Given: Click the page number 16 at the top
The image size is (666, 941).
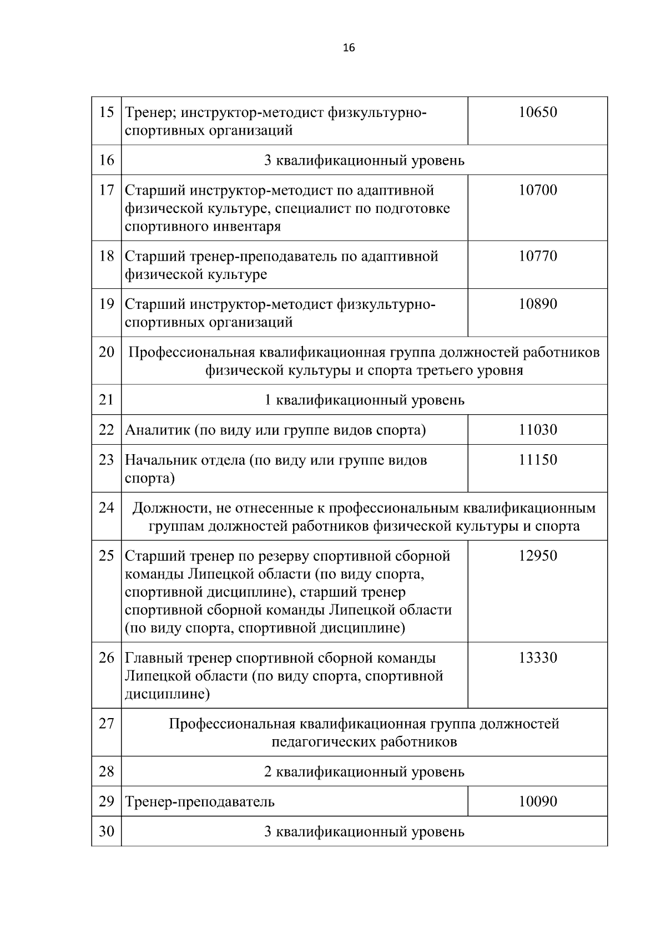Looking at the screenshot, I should click(x=349, y=48).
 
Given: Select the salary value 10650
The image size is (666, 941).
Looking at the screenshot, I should click(x=538, y=113).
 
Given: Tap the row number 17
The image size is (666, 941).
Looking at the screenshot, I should click(x=106, y=190).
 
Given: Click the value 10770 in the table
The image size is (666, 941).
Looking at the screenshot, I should click(x=538, y=256).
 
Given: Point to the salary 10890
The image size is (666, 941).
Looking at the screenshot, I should click(x=538, y=304).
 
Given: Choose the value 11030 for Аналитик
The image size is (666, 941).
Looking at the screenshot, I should click(x=538, y=430).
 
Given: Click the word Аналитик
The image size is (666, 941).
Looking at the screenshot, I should click(x=157, y=430).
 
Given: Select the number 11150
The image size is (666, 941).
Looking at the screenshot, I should click(x=538, y=460).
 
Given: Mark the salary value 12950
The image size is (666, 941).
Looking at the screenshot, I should click(x=538, y=556).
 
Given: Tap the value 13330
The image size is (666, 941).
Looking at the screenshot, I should click(x=538, y=658).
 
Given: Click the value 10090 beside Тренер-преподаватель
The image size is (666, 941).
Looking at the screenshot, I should click(x=538, y=801).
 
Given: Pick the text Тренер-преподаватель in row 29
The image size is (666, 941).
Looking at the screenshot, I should click(x=200, y=802).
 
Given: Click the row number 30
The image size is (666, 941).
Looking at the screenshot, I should click(x=106, y=831).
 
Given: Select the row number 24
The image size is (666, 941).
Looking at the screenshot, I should click(x=106, y=507).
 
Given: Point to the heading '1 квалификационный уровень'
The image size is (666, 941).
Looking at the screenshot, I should click(x=364, y=400).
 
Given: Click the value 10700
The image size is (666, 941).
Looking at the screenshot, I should click(x=538, y=190).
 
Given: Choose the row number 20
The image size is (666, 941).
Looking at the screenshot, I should click(x=106, y=352).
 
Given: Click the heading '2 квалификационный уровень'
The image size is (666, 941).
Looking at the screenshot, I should click(x=364, y=771).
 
